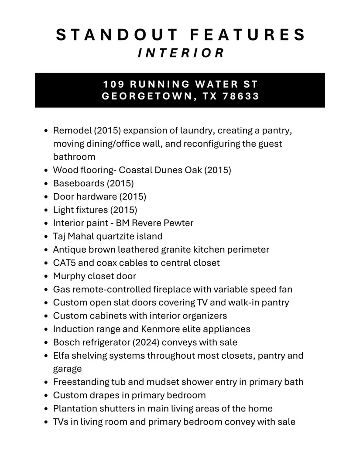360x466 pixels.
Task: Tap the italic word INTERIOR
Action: click(181, 53)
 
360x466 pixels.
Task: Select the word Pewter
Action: click(178, 223)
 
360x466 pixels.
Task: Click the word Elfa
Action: click(62, 356)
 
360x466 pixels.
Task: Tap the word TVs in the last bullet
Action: click(61, 422)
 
